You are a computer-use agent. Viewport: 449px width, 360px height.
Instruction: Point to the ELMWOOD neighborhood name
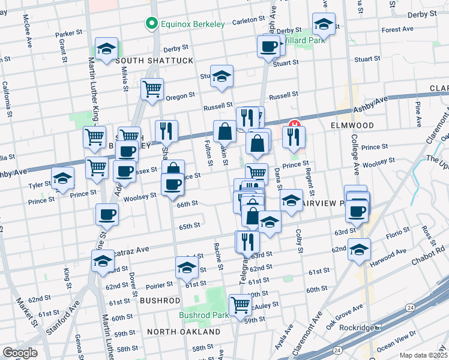tap(352, 126)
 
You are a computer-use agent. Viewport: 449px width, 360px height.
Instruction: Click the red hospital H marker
tap(294, 125)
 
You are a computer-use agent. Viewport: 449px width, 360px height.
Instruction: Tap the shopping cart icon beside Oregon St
tap(152, 89)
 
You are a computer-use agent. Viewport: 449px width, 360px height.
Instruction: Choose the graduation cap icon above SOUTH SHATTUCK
tap(106, 48)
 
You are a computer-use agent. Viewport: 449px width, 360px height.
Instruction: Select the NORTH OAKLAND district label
tap(184, 332)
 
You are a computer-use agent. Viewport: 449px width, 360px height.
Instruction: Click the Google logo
tap(20, 353)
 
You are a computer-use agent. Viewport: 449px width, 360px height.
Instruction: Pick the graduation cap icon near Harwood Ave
tap(359, 249)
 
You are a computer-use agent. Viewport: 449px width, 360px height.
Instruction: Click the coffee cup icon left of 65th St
tap(107, 214)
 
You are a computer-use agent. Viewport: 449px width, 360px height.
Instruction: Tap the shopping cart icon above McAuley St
tap(240, 304)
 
